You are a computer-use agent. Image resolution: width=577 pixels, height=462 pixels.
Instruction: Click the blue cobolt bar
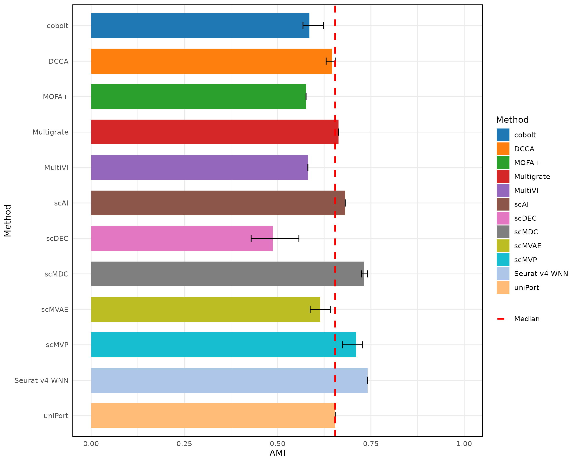point(200,26)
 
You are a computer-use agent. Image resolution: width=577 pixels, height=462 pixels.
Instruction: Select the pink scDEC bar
point(182,238)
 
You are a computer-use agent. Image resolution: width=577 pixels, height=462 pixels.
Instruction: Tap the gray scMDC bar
point(227,274)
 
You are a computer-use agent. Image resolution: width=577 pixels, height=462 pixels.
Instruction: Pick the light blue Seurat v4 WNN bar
point(229,380)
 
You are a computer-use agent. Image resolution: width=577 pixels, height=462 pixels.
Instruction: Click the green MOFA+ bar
point(198,97)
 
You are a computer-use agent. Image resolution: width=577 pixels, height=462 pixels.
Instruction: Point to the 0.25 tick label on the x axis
point(184,444)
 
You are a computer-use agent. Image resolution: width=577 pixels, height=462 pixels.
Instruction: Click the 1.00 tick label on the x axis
point(464,444)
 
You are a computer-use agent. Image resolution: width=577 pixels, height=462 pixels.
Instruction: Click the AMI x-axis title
point(277,453)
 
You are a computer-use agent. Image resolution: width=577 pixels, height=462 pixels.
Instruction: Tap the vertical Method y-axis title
point(8,221)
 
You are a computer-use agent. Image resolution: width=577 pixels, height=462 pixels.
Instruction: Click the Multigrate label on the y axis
point(50,132)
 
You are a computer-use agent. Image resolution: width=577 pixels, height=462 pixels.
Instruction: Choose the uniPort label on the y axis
point(56,416)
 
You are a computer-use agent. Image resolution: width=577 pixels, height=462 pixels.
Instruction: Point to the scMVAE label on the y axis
point(55,309)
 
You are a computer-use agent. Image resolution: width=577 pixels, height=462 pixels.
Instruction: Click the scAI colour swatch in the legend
point(503,204)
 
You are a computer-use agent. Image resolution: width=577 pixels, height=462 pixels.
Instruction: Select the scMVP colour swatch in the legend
point(503,260)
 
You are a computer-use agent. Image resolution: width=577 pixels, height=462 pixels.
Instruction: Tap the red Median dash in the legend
point(501,319)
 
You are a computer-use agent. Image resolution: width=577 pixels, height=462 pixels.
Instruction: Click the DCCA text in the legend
point(524,149)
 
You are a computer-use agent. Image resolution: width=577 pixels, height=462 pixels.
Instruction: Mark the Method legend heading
point(512,120)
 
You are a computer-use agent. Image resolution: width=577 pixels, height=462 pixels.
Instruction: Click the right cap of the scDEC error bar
point(299,238)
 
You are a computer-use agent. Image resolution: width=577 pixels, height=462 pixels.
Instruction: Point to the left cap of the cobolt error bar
point(303,26)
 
